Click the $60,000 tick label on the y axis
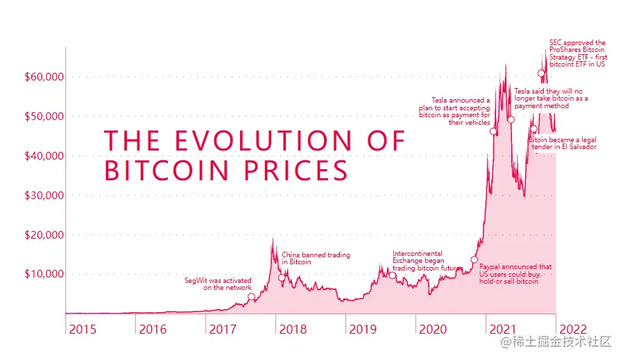pos(44,76)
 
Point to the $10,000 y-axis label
pos(44,274)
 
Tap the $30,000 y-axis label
pos(44,195)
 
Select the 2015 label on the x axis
pos(83,329)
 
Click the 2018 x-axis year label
pos(292,329)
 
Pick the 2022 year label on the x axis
pos(574,329)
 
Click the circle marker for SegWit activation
pos(251,297)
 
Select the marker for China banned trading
pos(281,277)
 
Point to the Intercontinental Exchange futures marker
pos(392,275)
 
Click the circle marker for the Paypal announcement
pos(475,260)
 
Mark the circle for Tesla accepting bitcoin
pos(493,131)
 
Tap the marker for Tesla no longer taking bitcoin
pos(511,119)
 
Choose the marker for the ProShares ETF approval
pos(541,74)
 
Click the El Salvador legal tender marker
pos(534,128)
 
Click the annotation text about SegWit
pos(218,284)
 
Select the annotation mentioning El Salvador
pos(563,144)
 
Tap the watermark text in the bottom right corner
pos(558,341)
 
